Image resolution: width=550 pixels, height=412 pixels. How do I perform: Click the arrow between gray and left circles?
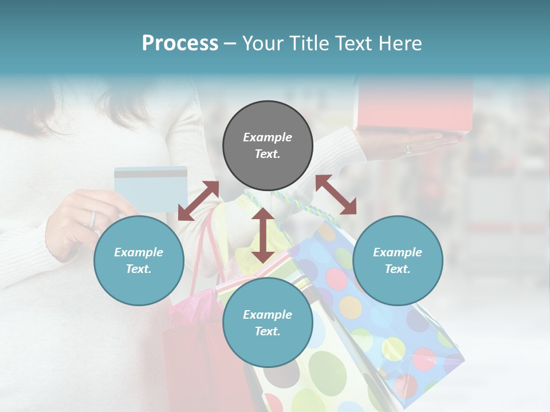pos(198,201)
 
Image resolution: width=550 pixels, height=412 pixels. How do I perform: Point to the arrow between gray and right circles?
pos(336,195)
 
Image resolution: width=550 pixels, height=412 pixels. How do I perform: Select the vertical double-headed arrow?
pos(263,235)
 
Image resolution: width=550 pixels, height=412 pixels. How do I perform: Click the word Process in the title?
pos(180,43)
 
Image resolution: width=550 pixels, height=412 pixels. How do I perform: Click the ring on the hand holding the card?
pos(92,219)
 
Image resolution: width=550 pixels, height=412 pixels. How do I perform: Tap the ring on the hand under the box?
pos(408,149)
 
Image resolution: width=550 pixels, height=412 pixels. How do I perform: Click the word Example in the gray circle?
pos(268,137)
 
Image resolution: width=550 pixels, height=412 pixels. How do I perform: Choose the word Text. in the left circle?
pos(139,269)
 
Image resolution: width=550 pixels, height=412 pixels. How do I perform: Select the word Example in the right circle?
pos(398,252)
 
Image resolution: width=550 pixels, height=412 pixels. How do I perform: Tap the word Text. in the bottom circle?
pos(268,331)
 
